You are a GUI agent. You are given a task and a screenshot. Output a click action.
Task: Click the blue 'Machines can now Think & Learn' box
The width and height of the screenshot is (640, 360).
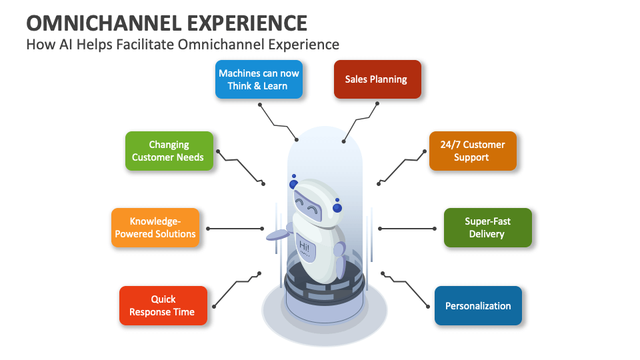coord(259,79)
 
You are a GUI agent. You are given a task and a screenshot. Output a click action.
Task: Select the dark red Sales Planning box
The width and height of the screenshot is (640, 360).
coord(377,79)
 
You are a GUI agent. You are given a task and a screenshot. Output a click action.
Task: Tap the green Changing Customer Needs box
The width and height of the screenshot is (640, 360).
coord(169,151)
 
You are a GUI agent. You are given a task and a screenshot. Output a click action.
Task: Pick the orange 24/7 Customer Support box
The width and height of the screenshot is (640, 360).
coord(472,151)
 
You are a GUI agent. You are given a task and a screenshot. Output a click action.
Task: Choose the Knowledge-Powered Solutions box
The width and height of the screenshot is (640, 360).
coord(155,228)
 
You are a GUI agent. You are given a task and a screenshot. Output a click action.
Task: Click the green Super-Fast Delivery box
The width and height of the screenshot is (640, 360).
coord(487,228)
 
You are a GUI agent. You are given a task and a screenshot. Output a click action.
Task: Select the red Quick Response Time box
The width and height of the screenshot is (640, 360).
coord(163,305)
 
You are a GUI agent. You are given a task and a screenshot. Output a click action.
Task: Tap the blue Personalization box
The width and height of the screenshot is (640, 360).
coord(478,305)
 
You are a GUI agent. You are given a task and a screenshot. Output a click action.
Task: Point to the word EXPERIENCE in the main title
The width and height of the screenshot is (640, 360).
coord(247,23)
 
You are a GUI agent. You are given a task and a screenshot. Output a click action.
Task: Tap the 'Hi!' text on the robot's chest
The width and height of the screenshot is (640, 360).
coord(304,247)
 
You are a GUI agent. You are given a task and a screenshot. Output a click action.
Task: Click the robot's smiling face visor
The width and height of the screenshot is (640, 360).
coord(307,203)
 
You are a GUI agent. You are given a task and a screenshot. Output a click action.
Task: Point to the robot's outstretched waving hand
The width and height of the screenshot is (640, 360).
coord(276,235)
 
